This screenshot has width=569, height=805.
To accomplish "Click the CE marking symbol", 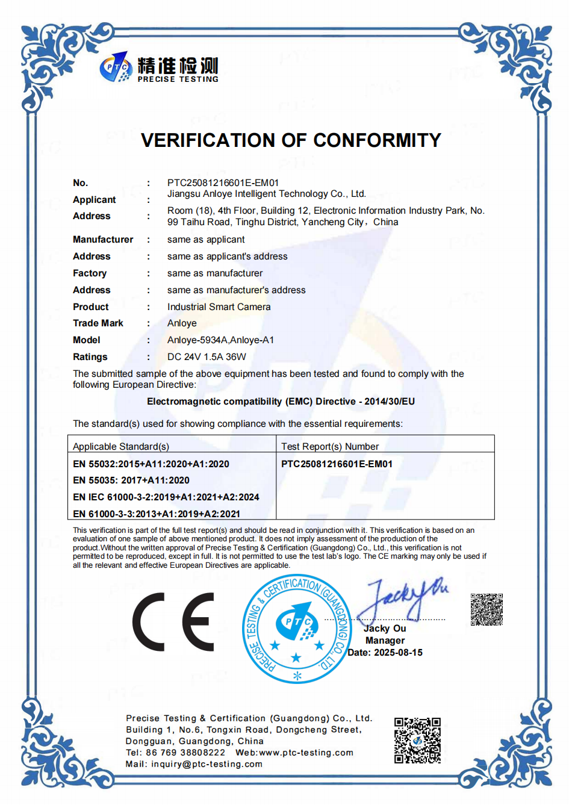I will click(173, 622).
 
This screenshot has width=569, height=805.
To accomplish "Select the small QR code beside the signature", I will click(487, 609).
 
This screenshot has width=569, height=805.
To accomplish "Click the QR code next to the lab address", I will click(417, 741).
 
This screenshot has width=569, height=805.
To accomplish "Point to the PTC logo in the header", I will click(116, 67).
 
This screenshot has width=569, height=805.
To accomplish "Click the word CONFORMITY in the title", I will click(377, 140).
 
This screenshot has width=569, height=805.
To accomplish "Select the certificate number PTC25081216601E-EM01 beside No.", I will click(223, 182).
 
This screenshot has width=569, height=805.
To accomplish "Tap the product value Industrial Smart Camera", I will click(219, 306).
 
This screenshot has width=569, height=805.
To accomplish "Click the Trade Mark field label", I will click(98, 323).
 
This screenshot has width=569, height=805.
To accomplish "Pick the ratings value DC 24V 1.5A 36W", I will click(207, 356).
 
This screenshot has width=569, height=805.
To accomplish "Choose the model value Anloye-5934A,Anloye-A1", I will click(220, 340).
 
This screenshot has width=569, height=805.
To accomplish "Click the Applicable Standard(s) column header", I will click(121, 446).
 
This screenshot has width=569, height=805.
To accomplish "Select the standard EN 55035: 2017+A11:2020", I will click(131, 480).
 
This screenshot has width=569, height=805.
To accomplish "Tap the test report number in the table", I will click(337, 464).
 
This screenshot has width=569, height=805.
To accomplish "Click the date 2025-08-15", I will click(398, 653).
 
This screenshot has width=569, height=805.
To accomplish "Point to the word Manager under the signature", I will click(385, 641).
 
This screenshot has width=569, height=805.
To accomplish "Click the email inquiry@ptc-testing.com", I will click(207, 764).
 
